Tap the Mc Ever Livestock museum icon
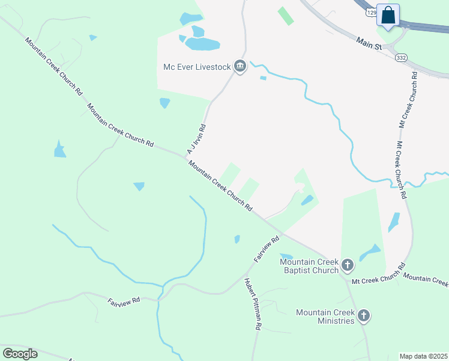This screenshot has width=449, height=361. [x=240, y=66]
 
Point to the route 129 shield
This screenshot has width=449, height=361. [x=372, y=12]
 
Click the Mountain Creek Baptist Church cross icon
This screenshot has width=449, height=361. [x=347, y=265]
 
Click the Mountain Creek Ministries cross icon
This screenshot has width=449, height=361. [x=363, y=315]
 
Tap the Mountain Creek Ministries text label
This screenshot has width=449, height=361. [x=325, y=316]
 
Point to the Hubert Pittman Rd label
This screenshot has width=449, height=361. [x=252, y=303]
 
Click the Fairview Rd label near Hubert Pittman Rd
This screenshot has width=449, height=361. [x=267, y=248]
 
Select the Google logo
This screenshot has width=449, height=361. [x=20, y=354]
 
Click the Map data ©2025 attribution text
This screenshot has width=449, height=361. [x=424, y=356]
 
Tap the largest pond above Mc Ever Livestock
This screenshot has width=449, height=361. [x=202, y=44]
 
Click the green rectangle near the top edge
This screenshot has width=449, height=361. [x=286, y=16]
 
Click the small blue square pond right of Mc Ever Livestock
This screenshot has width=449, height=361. [x=263, y=78]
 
